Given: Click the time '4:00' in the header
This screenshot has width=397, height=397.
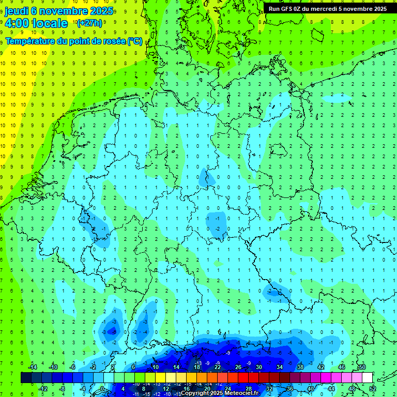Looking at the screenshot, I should tap(17, 23).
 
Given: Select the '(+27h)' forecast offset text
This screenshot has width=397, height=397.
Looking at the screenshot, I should tap(89, 23).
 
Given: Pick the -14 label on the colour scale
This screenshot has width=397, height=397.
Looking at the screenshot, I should tap(32, 367).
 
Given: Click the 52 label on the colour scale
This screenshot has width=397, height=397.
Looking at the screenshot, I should tap(373, 388).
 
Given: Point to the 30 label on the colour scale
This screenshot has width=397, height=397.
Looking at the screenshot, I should tap(259, 367).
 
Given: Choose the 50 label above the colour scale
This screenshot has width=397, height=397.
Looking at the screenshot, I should tap(362, 367).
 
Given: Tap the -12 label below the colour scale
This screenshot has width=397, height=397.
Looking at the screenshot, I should tap(42, 388).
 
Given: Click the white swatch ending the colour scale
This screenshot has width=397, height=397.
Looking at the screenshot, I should tap(368, 377).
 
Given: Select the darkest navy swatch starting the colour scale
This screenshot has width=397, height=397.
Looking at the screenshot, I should tap(26, 377).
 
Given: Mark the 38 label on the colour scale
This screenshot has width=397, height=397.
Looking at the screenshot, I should tap(300, 367).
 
